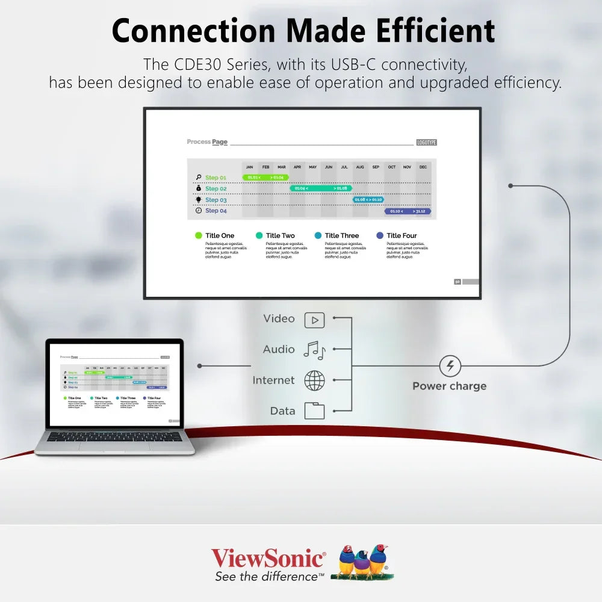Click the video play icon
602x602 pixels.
314,320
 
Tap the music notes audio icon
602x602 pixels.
314,350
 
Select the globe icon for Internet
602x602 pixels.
314,380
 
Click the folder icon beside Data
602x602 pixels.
314,411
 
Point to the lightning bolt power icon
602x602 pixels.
450,365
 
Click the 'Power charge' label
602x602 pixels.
449,386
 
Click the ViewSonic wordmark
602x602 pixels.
268,558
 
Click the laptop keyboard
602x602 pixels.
114,436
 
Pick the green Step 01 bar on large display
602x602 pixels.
265,178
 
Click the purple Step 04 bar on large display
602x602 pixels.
408,211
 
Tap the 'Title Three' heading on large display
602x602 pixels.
341,236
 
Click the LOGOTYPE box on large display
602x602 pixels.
426,143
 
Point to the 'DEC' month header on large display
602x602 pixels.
423,167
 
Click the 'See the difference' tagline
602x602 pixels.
269,577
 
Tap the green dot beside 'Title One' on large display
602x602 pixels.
198,236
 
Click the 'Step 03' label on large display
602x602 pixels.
216,200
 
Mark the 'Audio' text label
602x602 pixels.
279,350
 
